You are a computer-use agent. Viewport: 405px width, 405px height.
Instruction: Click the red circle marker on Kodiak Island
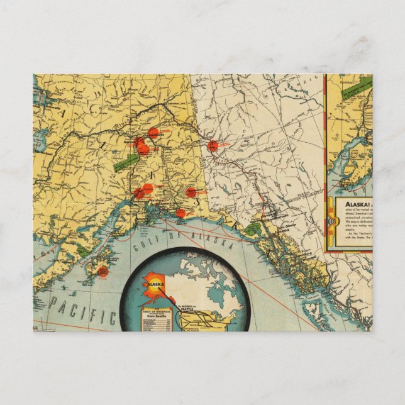click(103, 272)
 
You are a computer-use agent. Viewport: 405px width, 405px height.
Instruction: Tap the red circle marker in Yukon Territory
click(213, 146)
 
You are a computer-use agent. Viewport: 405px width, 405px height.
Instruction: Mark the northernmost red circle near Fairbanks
click(153, 133)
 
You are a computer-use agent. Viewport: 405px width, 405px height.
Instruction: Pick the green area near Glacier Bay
click(252, 230)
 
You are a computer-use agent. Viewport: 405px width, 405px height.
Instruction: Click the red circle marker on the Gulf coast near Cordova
click(180, 213)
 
